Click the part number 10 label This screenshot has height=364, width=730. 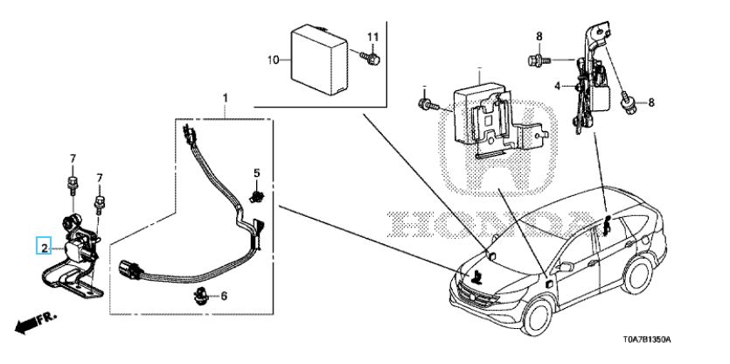(273, 59)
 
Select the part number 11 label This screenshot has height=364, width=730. (373, 37)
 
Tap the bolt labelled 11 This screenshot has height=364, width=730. (371, 58)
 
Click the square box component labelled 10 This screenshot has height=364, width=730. (319, 59)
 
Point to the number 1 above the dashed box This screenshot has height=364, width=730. (226, 98)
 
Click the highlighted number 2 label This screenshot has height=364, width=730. (45, 248)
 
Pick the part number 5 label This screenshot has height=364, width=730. (256, 173)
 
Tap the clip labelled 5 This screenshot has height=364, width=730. (255, 196)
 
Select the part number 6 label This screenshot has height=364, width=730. (224, 296)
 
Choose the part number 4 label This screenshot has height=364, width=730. (558, 86)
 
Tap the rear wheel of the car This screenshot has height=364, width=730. (636, 275)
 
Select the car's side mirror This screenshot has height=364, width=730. (565, 267)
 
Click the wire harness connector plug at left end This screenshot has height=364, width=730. (129, 269)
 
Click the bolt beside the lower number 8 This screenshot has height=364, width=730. (628, 102)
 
